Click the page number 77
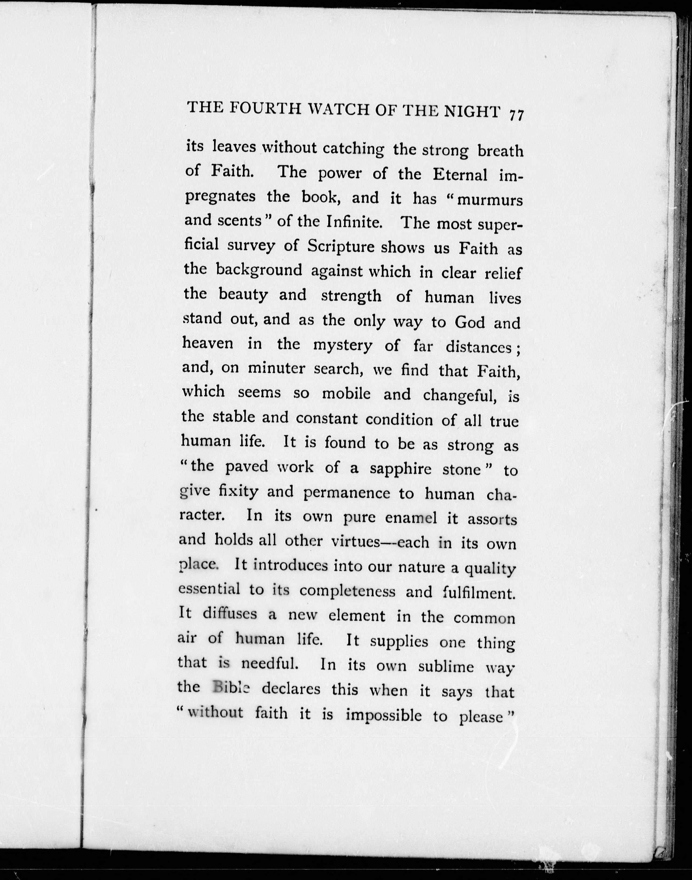(x=517, y=115)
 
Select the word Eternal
(x=460, y=175)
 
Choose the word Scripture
(x=341, y=247)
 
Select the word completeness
(x=347, y=591)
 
